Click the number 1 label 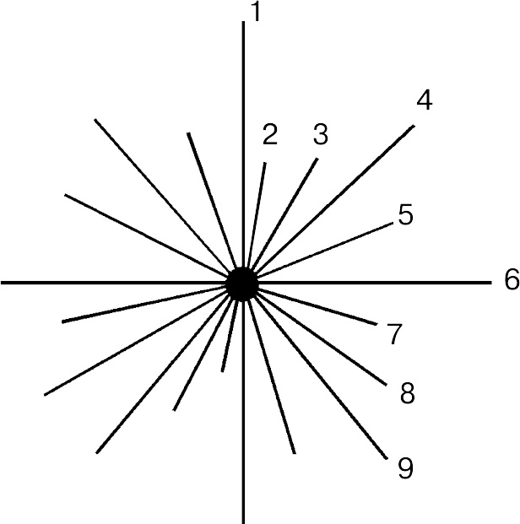[x=256, y=12]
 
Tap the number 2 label [x=270, y=134]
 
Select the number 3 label [x=321, y=134]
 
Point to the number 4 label [x=425, y=100]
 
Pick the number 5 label [x=406, y=214]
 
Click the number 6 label [x=512, y=279]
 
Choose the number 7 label [x=394, y=334]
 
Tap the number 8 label [x=408, y=393]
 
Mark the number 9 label [x=406, y=467]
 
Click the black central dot [x=242, y=284]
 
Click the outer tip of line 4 [x=414, y=126]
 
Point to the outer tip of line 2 [x=265, y=163]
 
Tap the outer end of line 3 [x=317, y=159]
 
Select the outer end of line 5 [x=393, y=223]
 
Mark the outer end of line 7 [x=376, y=324]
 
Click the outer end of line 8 [x=387, y=385]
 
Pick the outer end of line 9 [x=387, y=459]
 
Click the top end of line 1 [x=243, y=22]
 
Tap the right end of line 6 [x=491, y=283]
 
